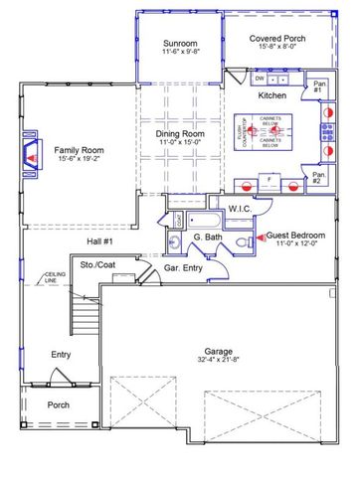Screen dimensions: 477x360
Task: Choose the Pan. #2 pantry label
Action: click(317, 180)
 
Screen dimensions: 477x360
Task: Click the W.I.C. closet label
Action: click(240, 209)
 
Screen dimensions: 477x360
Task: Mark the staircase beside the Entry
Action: click(83, 318)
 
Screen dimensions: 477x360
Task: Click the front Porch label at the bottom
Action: click(59, 405)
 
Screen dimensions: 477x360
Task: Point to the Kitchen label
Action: click(271, 95)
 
